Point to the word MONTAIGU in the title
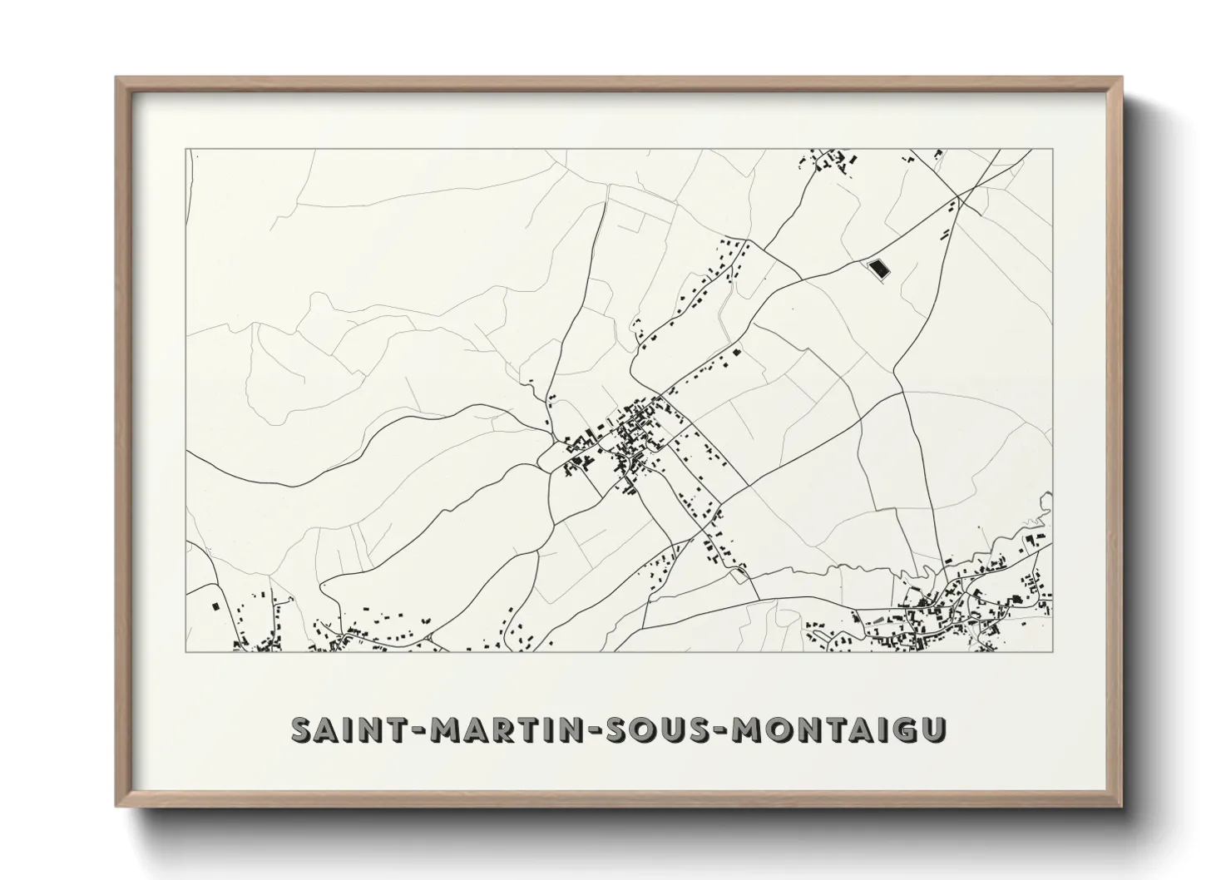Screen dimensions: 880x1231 [842, 731]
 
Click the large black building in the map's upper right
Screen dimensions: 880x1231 [878, 268]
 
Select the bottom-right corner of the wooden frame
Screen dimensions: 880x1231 [1123, 805]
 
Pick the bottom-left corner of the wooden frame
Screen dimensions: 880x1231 [117, 805]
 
